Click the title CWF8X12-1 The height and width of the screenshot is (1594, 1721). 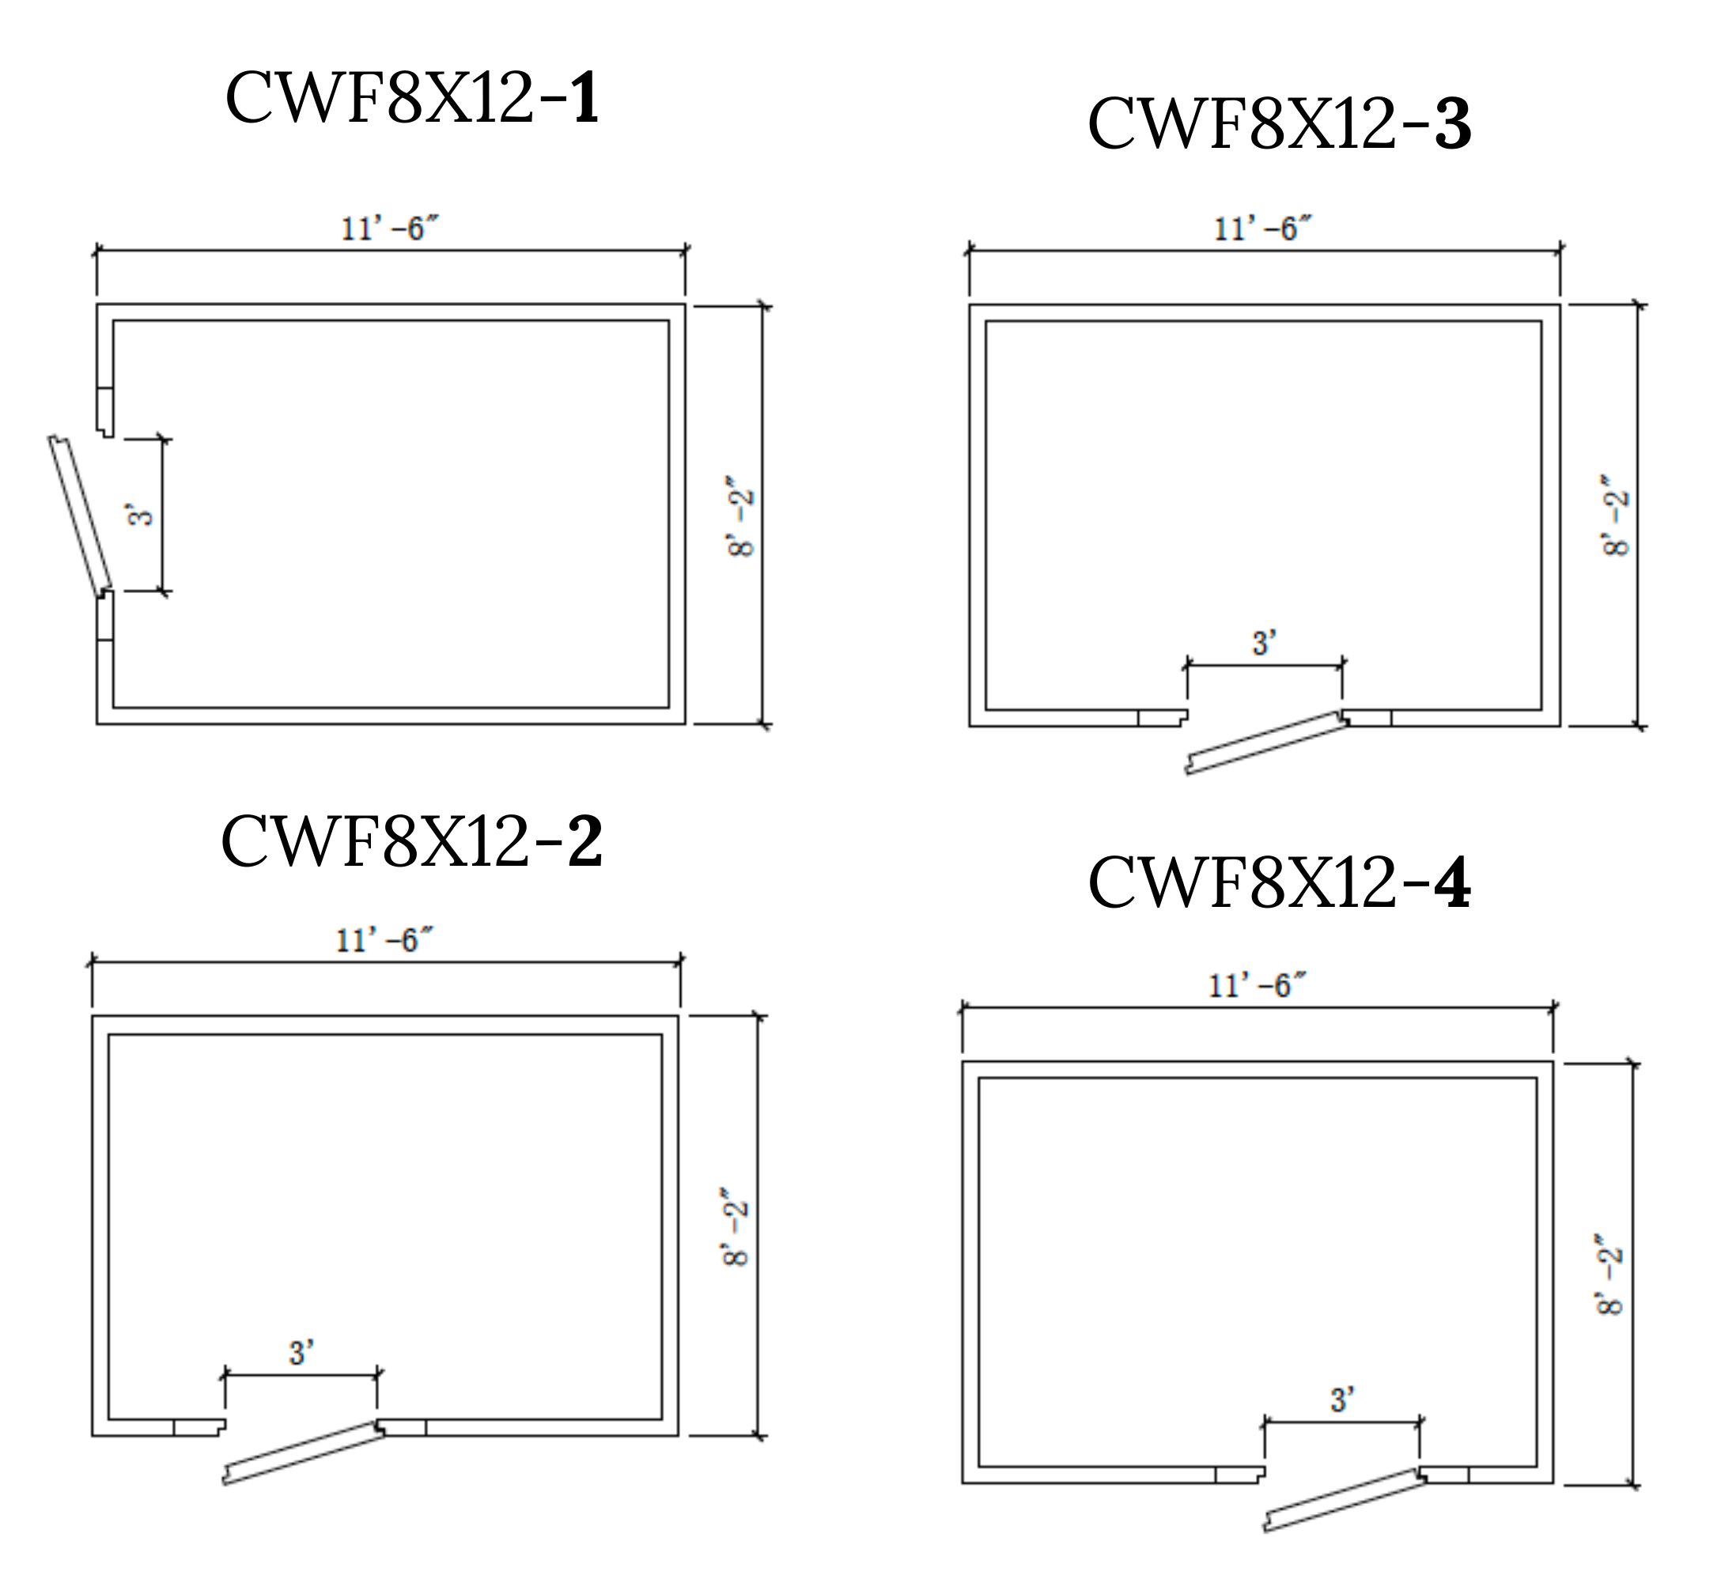click(x=411, y=98)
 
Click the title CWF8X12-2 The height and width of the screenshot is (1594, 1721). click(x=411, y=841)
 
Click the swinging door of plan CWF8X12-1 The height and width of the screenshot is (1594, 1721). click(x=80, y=516)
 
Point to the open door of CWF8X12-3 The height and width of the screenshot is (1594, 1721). click(x=1265, y=742)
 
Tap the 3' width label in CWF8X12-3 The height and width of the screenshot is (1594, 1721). click(x=1264, y=643)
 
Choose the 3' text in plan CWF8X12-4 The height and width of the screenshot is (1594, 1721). click(x=1342, y=1399)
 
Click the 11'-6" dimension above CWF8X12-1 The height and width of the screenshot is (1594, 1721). click(x=390, y=229)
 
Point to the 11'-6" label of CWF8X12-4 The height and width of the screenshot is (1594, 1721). click(x=1257, y=985)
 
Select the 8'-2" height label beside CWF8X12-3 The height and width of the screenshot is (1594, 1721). click(x=1616, y=515)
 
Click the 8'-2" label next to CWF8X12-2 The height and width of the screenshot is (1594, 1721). click(x=736, y=1233)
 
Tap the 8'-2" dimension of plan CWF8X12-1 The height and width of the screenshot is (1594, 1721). click(x=742, y=515)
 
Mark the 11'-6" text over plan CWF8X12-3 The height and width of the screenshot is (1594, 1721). click(x=1262, y=229)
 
